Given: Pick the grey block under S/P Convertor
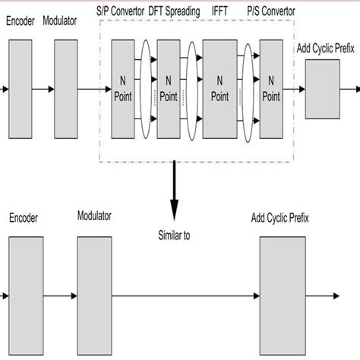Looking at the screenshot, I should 122,90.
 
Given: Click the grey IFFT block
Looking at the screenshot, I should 219,90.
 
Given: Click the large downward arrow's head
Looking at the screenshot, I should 175,213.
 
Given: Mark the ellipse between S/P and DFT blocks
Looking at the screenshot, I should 146,90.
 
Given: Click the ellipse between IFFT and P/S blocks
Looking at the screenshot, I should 248,90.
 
